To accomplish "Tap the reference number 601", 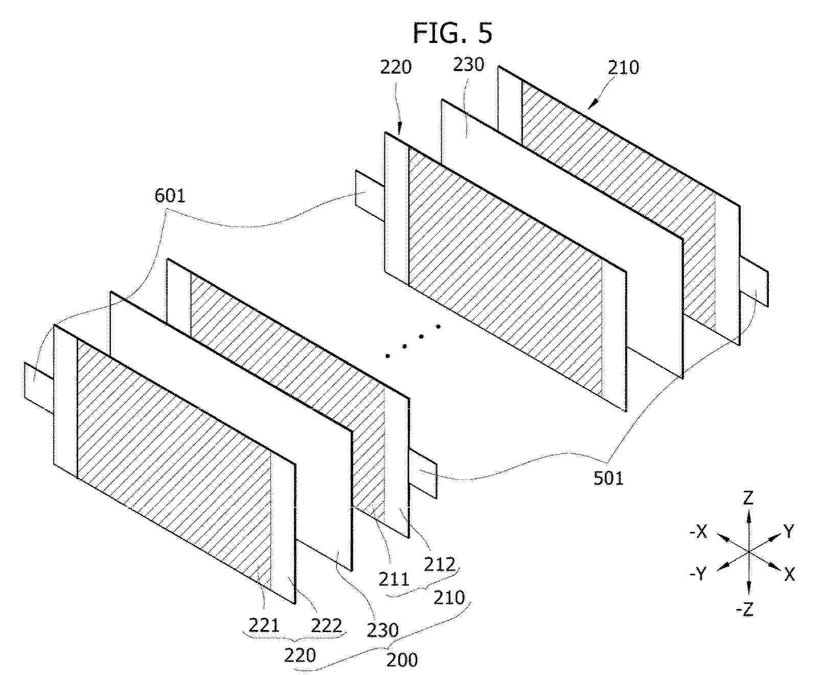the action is click(170, 195).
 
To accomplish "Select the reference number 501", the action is click(608, 478).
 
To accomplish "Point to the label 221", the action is click(264, 625).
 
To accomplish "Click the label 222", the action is click(326, 625).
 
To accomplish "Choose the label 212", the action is click(440, 565).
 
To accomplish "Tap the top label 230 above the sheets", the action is click(468, 64).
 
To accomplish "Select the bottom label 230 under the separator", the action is click(383, 630).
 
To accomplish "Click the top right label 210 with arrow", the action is click(623, 67).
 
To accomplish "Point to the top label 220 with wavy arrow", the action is click(396, 67).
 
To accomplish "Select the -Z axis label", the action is click(744, 609).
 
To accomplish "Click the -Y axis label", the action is click(698, 573).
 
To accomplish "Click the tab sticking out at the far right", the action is click(754, 281).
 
